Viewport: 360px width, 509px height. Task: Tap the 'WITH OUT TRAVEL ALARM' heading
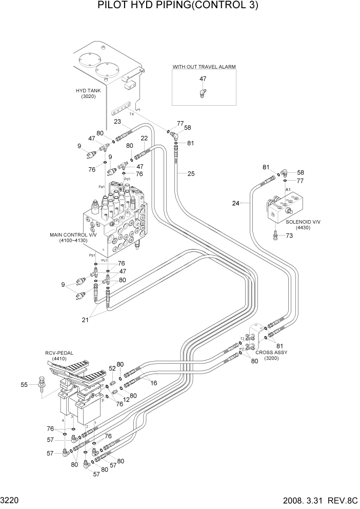204,67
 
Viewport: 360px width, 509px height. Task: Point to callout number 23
117,122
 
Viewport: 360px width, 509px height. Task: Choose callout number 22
144,138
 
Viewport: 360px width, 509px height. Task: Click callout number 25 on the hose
191,174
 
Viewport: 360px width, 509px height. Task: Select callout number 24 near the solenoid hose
235,204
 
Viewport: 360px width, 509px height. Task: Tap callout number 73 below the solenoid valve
289,236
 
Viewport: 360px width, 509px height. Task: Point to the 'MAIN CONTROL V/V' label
70,238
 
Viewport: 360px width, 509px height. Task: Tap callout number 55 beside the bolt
24,384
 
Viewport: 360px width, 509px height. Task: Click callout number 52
112,368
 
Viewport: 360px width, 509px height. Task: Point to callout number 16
153,383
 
